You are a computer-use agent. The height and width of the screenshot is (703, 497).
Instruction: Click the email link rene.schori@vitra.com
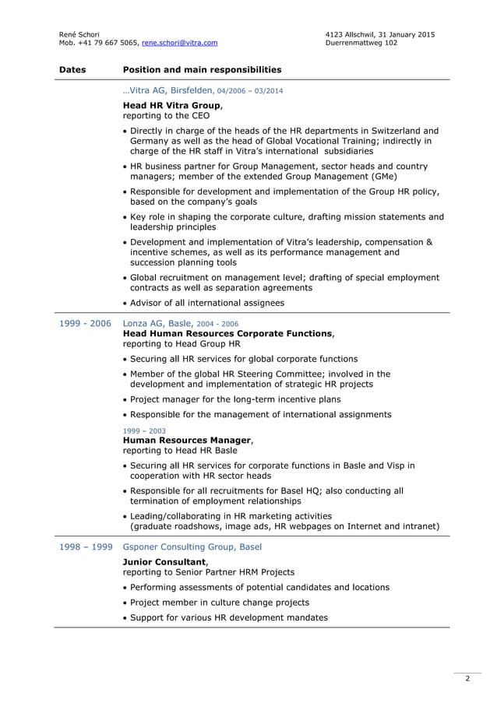180,43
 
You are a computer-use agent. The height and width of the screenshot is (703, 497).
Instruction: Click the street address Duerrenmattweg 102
361,43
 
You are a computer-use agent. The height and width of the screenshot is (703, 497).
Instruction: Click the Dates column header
72,69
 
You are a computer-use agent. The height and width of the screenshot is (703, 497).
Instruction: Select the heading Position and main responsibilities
202,69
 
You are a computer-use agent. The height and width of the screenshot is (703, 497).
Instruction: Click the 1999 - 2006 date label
85,323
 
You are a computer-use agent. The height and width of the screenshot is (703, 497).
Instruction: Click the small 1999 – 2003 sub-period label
144,431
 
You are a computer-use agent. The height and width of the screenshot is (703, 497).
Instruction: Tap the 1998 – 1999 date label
85,547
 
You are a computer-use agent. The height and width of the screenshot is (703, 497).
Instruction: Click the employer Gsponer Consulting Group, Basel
192,547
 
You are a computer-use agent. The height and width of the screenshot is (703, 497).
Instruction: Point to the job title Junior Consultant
165,561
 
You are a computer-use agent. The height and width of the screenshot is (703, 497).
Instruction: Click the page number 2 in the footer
467,680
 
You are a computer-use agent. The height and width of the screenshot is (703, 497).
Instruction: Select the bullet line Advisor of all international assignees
206,303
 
